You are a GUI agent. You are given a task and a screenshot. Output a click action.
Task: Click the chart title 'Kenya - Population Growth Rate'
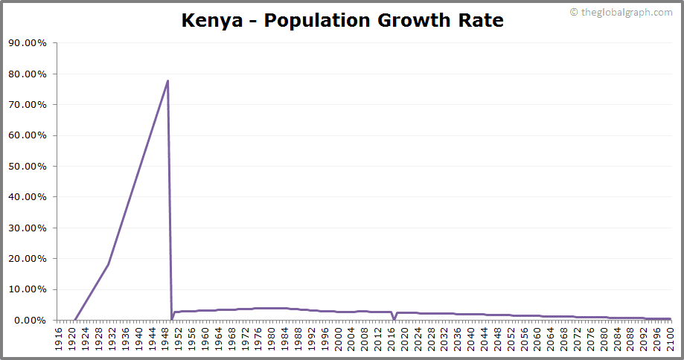coord(342,21)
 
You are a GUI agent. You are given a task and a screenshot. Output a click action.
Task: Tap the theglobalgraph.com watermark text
coord(621,13)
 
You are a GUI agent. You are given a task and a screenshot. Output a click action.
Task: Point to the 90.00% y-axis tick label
coord(28,43)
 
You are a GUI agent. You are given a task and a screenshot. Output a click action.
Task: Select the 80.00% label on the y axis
coord(28,74)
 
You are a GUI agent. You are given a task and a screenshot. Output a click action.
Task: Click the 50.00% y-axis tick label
coord(28,167)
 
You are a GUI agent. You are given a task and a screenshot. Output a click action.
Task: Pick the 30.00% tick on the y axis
coord(28,228)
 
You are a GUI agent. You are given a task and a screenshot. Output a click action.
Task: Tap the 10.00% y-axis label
coord(28,289)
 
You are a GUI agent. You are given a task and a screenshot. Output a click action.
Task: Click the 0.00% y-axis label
coord(30,321)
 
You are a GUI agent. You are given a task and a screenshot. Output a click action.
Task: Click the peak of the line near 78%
coord(167,80)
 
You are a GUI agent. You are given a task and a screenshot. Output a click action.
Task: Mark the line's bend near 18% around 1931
coord(109,264)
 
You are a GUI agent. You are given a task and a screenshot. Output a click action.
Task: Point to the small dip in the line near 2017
coord(394,319)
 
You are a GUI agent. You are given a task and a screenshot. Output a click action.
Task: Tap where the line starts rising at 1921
coord(75,320)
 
